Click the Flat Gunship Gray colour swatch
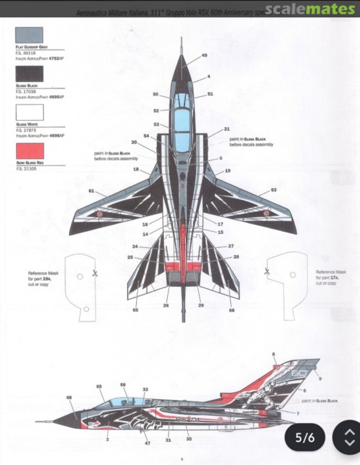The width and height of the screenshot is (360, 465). [x=29, y=35]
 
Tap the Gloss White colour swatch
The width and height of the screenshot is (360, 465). [x=29, y=112]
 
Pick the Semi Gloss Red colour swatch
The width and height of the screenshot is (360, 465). [x=29, y=151]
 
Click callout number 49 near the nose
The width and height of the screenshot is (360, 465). [x=204, y=56]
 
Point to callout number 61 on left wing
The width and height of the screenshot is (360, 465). [x=91, y=191]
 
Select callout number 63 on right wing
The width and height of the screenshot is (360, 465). [x=274, y=189]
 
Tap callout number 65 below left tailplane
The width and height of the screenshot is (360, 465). [x=135, y=310]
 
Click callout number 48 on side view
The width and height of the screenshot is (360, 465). [x=69, y=397]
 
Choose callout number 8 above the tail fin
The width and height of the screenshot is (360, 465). [x=274, y=354]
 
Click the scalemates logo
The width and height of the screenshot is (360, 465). [x=309, y=9]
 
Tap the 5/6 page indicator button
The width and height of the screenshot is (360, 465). [x=305, y=438]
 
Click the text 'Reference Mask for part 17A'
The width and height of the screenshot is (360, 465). [x=331, y=278]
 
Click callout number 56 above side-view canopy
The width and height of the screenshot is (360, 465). [x=123, y=384]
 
